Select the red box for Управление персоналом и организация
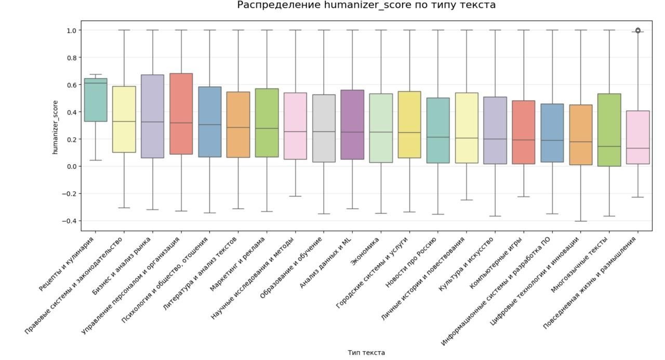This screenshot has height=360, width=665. [x=181, y=114]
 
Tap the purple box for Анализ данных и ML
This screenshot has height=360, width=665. [x=352, y=125]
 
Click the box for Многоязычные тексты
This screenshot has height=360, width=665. [x=609, y=130]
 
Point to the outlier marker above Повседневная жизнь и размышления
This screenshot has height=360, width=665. [x=638, y=31]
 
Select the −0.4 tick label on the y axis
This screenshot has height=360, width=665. [x=71, y=221]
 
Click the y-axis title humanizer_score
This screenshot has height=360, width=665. [x=55, y=127]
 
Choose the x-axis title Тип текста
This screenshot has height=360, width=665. [x=366, y=353]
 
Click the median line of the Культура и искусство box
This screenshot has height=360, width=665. [x=495, y=139]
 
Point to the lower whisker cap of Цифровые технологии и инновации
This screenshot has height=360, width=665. [x=581, y=221]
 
